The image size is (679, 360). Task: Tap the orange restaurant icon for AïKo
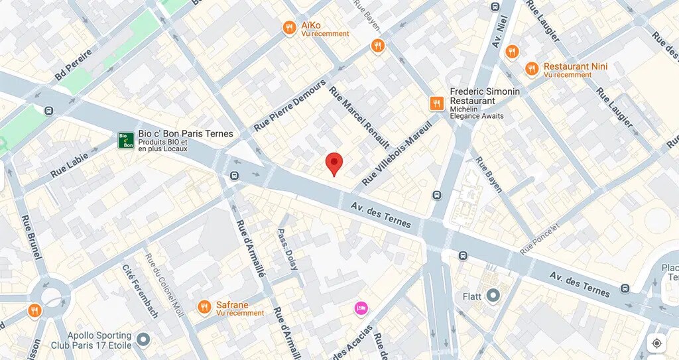click(288, 28)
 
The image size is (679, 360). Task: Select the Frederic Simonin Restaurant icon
click(436, 103)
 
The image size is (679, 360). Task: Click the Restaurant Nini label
click(575, 66)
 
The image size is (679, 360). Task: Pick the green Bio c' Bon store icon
click(126, 140)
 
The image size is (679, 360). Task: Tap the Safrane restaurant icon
click(204, 306)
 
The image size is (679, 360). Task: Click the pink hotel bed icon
click(361, 308)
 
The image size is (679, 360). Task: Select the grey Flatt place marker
click(493, 296)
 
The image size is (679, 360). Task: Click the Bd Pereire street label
click(73, 64)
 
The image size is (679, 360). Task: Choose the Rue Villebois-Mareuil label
click(397, 152)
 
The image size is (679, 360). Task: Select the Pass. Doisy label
click(288, 248)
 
